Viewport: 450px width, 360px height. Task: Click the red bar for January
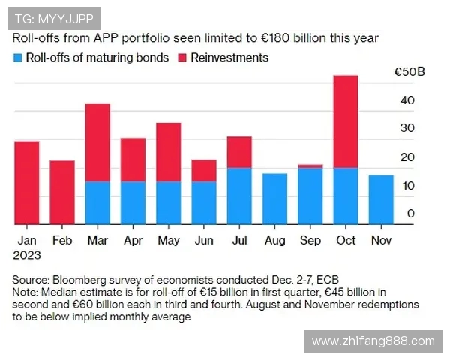tap(26, 182)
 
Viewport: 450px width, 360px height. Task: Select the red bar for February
tap(62, 192)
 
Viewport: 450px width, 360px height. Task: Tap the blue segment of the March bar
tap(97, 202)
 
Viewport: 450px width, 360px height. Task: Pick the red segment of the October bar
tap(345, 121)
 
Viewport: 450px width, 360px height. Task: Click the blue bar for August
tap(274, 199)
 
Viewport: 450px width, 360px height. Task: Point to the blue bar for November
tap(381, 199)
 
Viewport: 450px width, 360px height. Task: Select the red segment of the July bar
tap(239, 152)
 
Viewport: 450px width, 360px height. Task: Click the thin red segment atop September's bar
tap(310, 166)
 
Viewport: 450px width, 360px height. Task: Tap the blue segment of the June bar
tap(203, 202)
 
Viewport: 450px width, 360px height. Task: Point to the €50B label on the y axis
tap(409, 73)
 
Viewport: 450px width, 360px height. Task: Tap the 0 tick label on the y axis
tap(411, 214)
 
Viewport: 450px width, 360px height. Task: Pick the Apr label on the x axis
tap(132, 241)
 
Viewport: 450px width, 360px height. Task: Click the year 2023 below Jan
tap(27, 254)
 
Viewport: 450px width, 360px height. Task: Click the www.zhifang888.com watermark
tap(373, 341)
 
